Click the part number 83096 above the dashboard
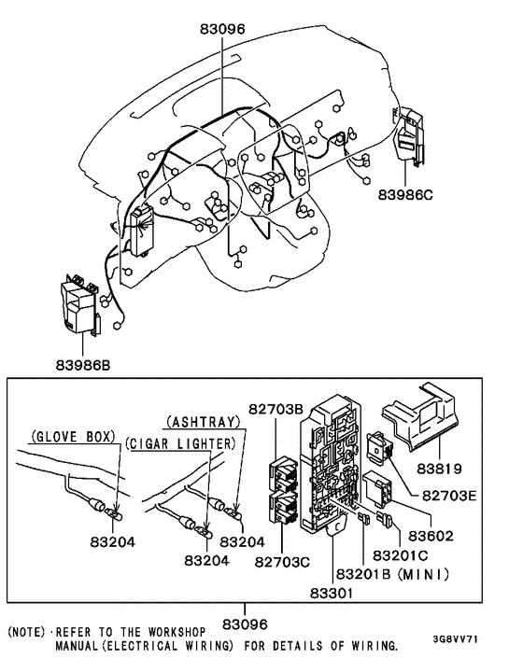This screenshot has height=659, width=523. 222,29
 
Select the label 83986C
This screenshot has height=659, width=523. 405,195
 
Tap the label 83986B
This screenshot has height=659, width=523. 83,365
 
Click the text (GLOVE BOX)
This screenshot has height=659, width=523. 73,437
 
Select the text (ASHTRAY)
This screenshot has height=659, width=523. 203,422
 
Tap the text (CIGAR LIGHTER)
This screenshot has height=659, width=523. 181,443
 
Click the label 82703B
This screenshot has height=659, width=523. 276,409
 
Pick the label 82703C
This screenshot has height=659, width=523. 282,562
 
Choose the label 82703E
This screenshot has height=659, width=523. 449,496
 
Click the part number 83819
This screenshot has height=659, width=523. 439,469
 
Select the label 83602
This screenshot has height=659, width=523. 431,536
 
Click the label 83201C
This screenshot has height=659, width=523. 401,555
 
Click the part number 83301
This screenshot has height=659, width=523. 332,593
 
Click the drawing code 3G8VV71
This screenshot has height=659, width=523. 456,639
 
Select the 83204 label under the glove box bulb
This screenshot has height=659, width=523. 113,542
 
